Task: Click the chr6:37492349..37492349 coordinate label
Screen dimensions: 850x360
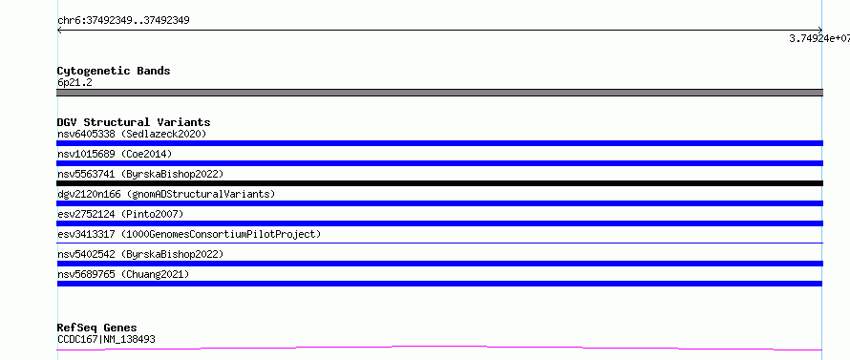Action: coord(123,21)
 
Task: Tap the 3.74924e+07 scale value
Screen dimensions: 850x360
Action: coord(819,38)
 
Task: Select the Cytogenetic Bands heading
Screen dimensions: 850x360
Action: coord(114,71)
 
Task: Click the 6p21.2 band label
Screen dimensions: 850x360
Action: coord(74,82)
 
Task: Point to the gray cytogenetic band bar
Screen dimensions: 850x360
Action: coord(439,93)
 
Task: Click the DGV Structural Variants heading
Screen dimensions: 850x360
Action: coord(134,122)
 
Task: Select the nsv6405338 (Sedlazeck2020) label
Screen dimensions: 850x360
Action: coord(132,134)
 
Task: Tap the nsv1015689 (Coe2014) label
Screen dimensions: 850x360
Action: coord(115,154)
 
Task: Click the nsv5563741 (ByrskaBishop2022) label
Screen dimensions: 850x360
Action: coord(140,174)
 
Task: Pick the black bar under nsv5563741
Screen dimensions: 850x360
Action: coord(439,183)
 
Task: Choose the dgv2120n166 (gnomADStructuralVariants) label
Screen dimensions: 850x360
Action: coord(166,194)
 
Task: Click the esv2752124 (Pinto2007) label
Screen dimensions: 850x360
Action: coord(120,214)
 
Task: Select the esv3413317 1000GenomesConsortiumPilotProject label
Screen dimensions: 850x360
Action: coord(189,234)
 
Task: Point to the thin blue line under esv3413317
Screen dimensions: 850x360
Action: coord(439,243)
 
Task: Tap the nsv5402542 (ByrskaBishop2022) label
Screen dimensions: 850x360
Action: coord(140,254)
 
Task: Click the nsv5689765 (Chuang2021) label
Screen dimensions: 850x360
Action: coord(123,274)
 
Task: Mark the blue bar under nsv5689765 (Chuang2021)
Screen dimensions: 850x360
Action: coord(439,284)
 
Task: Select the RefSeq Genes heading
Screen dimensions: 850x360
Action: coord(97,328)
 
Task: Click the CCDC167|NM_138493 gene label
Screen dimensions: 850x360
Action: coord(106,339)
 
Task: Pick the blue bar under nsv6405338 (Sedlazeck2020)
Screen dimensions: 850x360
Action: coord(439,143)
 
